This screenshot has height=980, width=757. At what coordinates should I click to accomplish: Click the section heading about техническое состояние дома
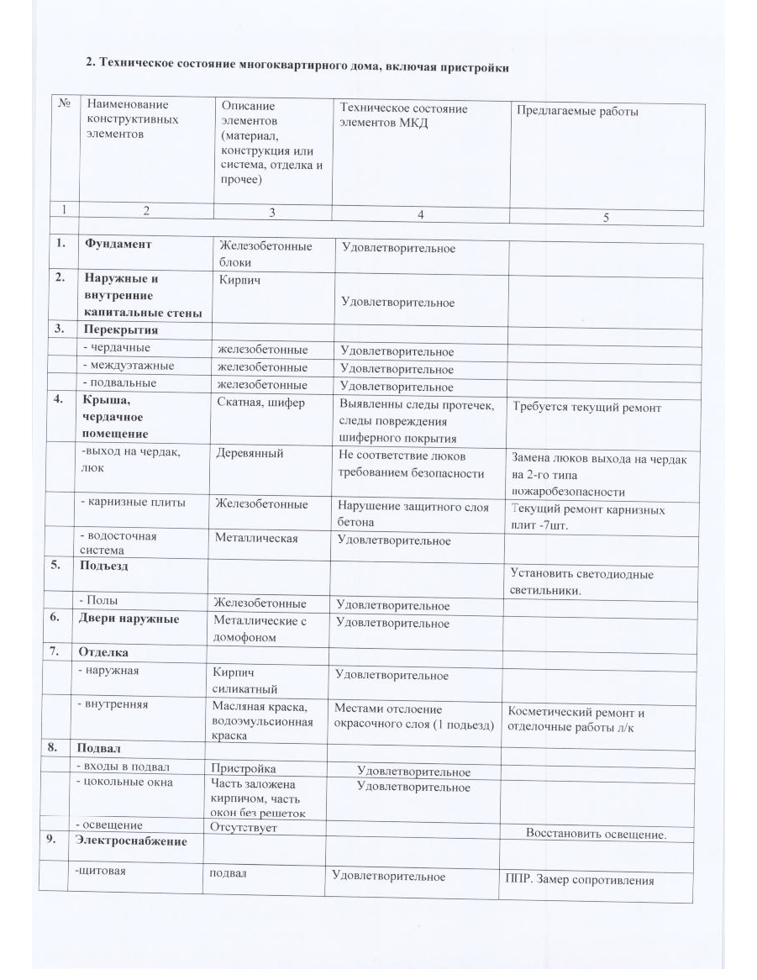click(x=298, y=66)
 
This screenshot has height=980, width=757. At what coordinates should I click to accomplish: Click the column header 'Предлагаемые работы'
click(x=577, y=111)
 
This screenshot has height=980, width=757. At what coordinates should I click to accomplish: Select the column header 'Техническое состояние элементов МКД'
click(x=403, y=115)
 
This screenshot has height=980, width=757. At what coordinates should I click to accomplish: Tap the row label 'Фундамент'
click(x=117, y=244)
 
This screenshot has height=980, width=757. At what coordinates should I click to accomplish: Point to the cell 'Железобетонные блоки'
click(x=265, y=254)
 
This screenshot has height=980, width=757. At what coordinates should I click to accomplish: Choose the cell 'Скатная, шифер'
click(x=260, y=403)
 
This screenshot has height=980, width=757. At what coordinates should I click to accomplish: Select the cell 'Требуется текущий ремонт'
click(x=587, y=408)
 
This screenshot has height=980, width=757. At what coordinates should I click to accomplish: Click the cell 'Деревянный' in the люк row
click(x=250, y=454)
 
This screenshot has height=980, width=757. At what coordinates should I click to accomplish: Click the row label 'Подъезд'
click(x=104, y=566)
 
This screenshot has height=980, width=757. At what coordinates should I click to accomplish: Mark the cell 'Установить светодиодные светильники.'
click(x=581, y=582)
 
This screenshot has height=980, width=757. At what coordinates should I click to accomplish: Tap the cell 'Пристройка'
click(x=244, y=768)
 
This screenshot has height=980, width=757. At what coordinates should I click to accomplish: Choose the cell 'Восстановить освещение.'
click(x=596, y=834)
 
